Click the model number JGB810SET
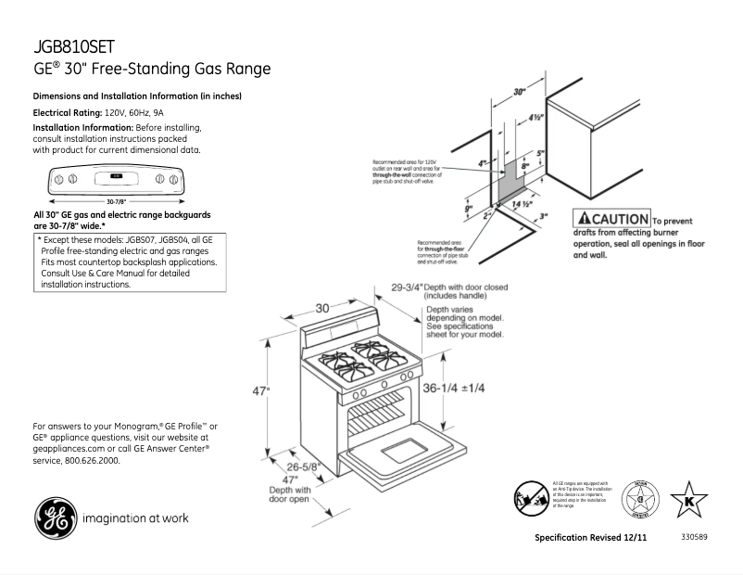(73, 47)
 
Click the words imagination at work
(135, 517)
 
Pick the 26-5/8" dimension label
(304, 466)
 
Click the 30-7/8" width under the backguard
(116, 200)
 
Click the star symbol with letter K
(688, 501)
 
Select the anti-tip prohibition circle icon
(530, 499)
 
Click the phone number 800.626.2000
(91, 460)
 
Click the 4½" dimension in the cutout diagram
(535, 118)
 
